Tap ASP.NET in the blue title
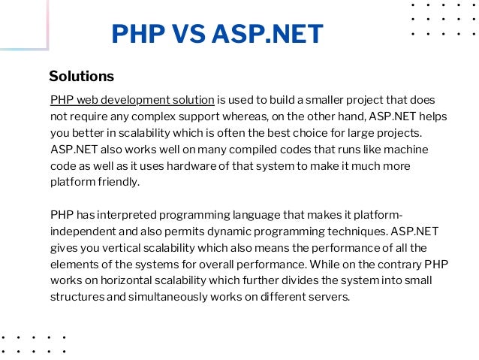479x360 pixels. (x=267, y=35)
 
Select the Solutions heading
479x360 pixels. (x=81, y=77)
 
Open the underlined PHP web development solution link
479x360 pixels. (x=132, y=100)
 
